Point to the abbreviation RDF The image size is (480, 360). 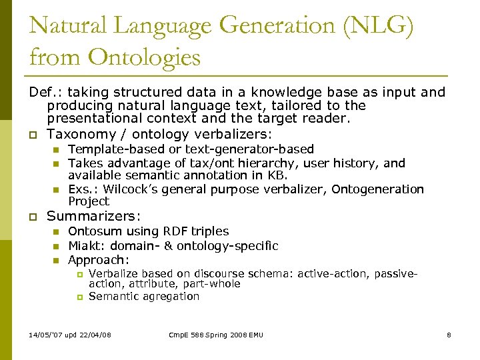[165, 231]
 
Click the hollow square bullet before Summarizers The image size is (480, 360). [32, 217]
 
